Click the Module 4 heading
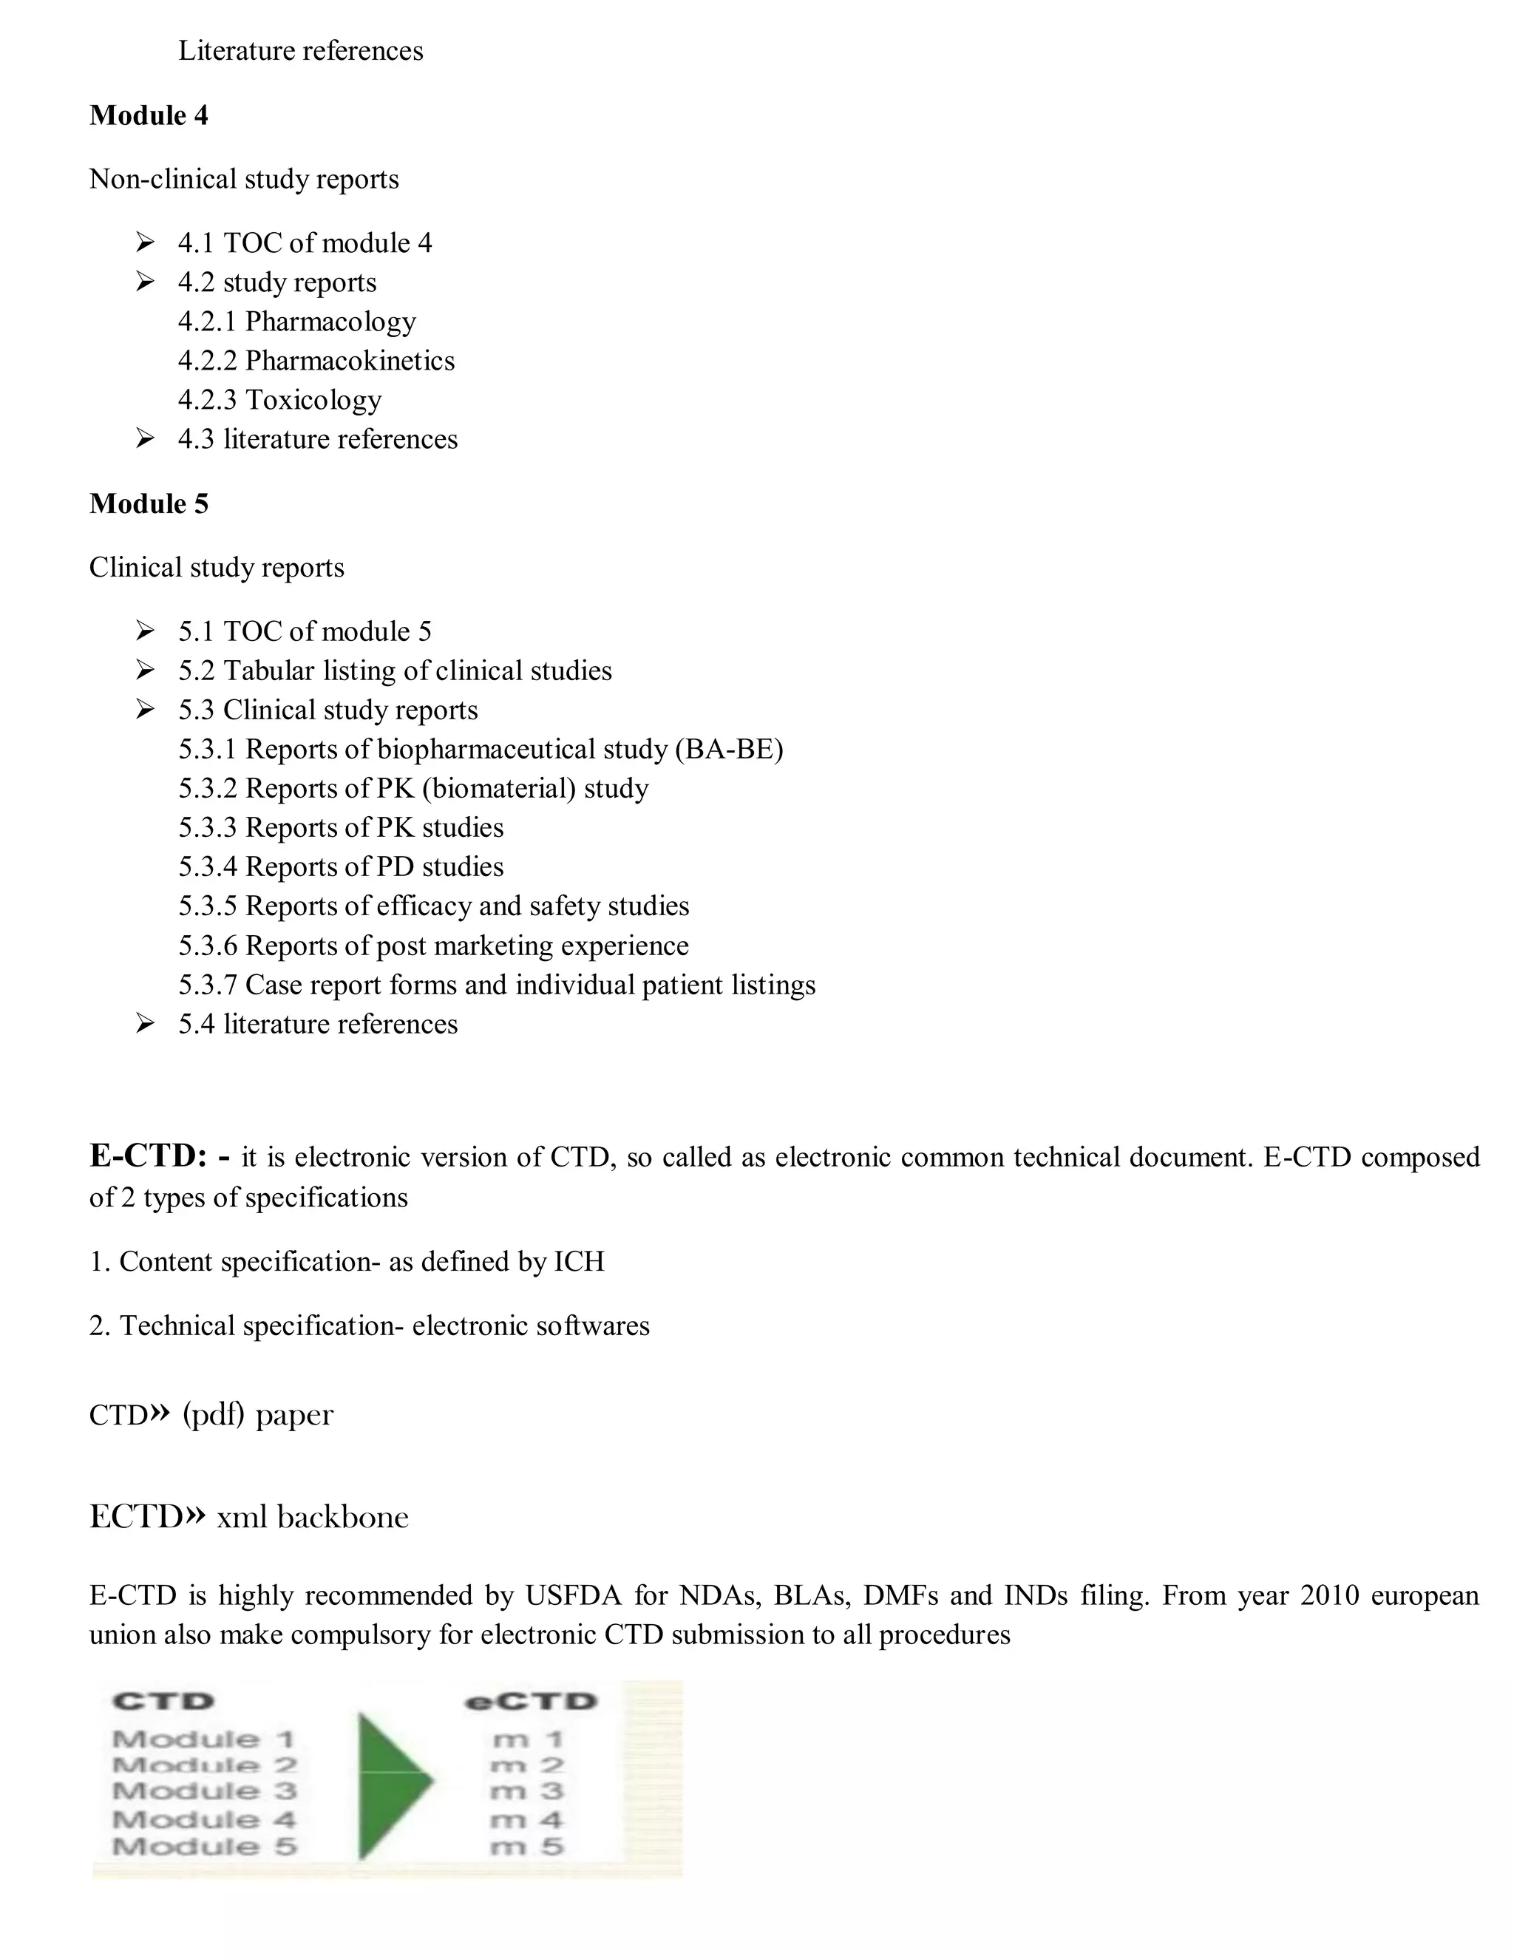point(149,116)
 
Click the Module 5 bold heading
point(149,504)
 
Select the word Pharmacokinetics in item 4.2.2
point(350,361)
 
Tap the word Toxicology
point(313,400)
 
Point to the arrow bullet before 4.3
point(146,438)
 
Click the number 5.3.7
point(207,985)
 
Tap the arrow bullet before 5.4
point(146,1023)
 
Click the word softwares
point(593,1325)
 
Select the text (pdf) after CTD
point(214,1414)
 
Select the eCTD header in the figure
point(530,1702)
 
